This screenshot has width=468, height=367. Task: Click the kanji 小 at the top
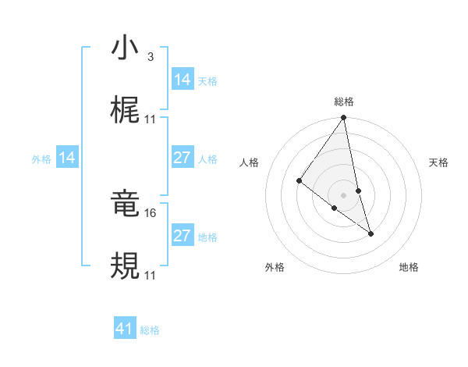pyautogui.click(x=125, y=49)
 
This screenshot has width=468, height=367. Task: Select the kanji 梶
pyautogui.click(x=125, y=111)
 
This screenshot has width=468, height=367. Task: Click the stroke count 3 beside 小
pyautogui.click(x=150, y=57)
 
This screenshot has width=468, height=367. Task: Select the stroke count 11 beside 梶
pyautogui.click(x=151, y=119)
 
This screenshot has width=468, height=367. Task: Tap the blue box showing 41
pyautogui.click(x=125, y=329)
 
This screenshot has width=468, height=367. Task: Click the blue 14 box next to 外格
pyautogui.click(x=67, y=159)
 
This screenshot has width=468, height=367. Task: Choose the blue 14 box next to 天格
pyautogui.click(x=183, y=80)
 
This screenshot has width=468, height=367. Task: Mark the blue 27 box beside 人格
pyautogui.click(x=183, y=158)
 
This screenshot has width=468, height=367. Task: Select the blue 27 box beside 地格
pyautogui.click(x=183, y=236)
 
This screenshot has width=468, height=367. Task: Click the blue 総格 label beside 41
pyautogui.click(x=150, y=330)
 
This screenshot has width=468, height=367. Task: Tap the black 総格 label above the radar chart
pyautogui.click(x=344, y=102)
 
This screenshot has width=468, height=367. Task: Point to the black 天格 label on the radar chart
pyautogui.click(x=438, y=162)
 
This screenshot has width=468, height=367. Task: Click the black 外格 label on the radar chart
pyautogui.click(x=275, y=267)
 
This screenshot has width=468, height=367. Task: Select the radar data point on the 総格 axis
pyautogui.click(x=344, y=118)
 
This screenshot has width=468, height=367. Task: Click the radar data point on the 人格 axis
pyautogui.click(x=299, y=181)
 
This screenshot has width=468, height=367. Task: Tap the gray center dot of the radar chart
pyautogui.click(x=344, y=194)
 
